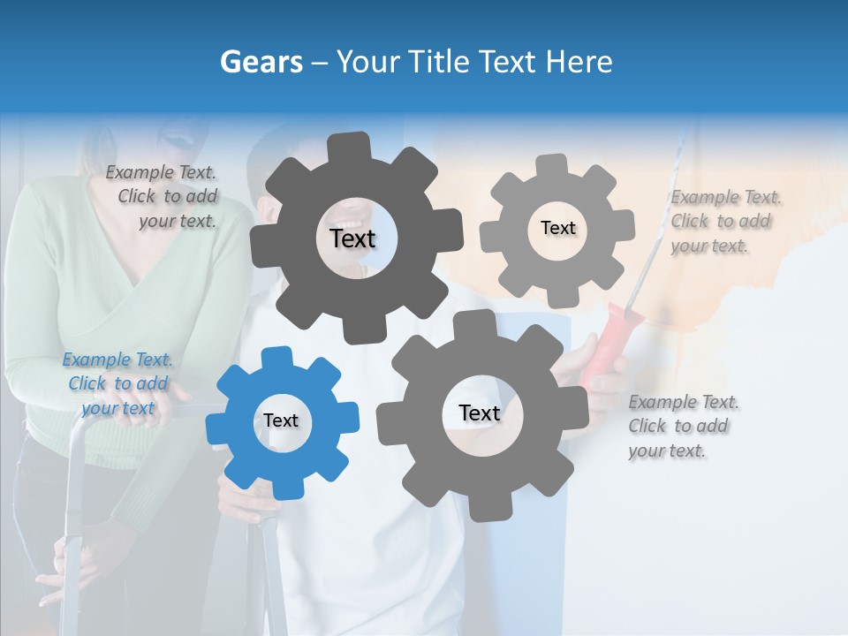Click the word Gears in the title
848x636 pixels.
261,62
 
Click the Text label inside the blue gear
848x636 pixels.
281,421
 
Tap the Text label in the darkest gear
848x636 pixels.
352,238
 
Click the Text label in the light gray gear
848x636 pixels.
557,228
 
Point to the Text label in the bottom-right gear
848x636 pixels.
480,413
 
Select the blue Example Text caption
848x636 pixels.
118,383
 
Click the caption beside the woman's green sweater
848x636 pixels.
163,196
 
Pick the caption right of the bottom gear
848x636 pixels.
684,426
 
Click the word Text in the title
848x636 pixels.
509,62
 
